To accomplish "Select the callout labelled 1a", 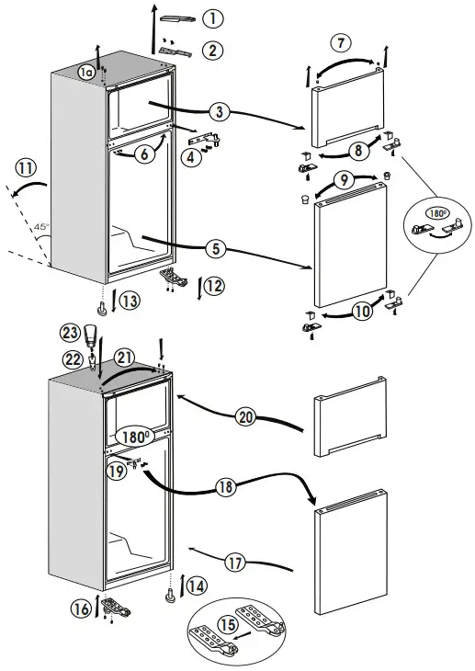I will (x=85, y=72).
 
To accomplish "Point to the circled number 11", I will (x=25, y=166).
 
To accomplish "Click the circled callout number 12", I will (x=212, y=286).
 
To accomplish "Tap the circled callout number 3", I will (x=218, y=112).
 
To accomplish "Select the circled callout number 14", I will (x=196, y=585).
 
